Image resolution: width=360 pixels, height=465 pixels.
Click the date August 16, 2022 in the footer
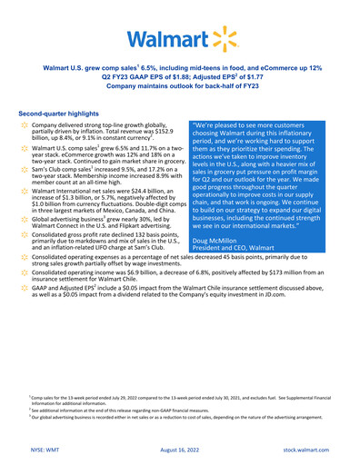click(180, 447)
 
